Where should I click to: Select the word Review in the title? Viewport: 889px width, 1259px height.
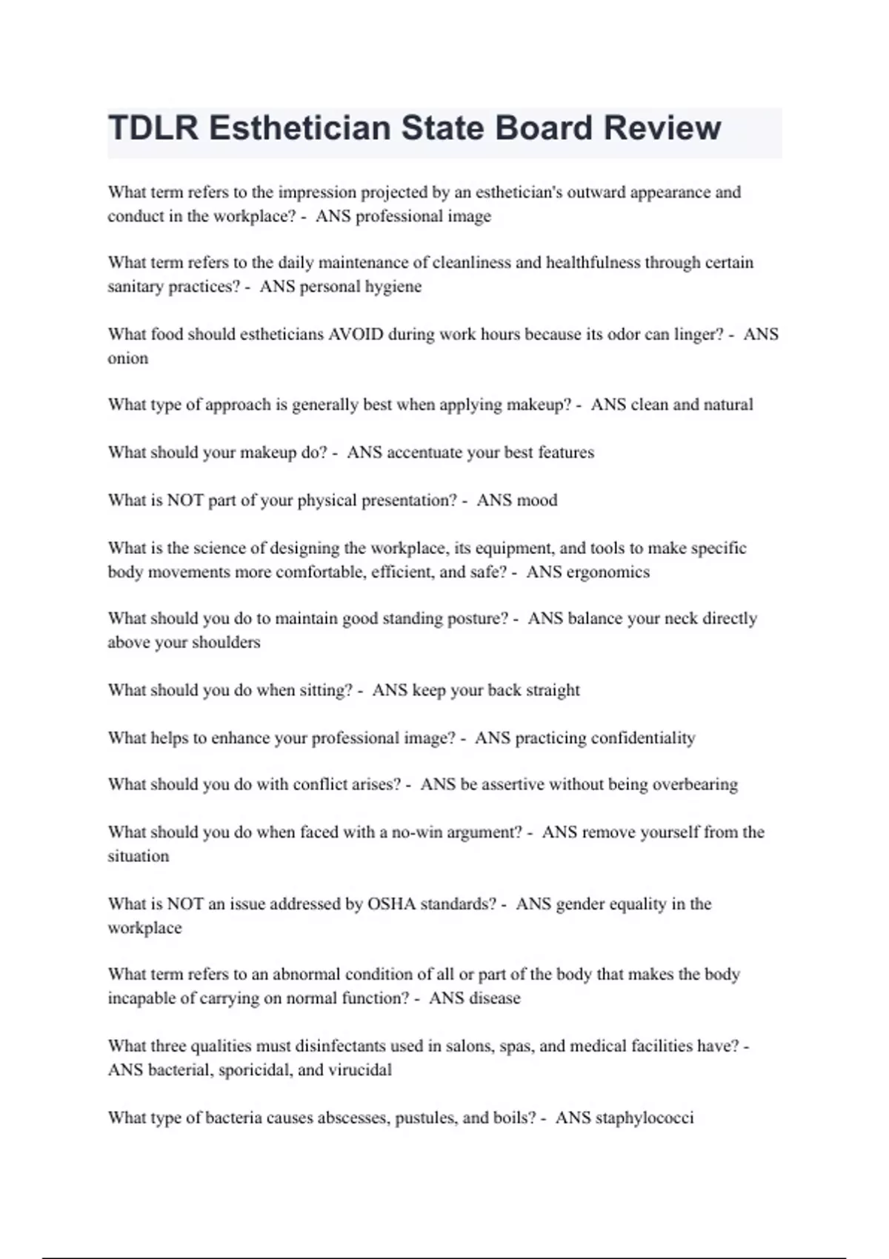pos(662,128)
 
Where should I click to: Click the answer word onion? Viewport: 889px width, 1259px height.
pos(128,358)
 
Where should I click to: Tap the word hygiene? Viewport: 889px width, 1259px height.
pos(392,287)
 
